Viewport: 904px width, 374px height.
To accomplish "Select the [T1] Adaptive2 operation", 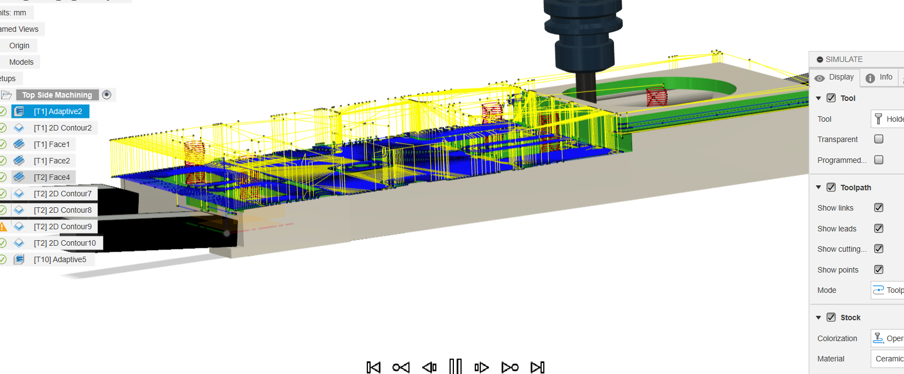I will pyautogui.click(x=58, y=111).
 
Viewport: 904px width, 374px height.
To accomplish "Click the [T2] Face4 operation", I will pyautogui.click(x=52, y=177).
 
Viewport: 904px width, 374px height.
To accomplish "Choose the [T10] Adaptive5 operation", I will pyautogui.click(x=60, y=259).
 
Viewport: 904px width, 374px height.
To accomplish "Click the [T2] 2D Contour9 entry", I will pyautogui.click(x=62, y=226).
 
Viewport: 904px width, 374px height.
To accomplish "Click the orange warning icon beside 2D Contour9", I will pyautogui.click(x=3, y=226).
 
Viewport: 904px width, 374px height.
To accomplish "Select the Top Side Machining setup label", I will pyautogui.click(x=57, y=95).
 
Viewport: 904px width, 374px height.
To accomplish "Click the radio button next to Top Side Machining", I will pyautogui.click(x=107, y=95).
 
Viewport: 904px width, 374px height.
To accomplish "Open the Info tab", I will pyautogui.click(x=880, y=77).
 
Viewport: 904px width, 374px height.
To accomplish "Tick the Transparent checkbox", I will pyautogui.click(x=879, y=139).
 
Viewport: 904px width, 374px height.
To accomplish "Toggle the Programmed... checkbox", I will pyautogui.click(x=879, y=160).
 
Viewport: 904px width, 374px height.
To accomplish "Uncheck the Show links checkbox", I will pyautogui.click(x=879, y=208).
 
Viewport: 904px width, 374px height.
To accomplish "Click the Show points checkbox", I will pyautogui.click(x=879, y=269).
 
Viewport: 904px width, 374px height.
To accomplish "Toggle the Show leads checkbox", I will pyautogui.click(x=879, y=228).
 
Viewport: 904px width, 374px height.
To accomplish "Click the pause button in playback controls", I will pyautogui.click(x=456, y=367).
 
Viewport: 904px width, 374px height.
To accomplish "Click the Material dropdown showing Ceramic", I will pyautogui.click(x=888, y=359).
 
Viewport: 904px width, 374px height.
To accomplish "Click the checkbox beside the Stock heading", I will pyautogui.click(x=831, y=317).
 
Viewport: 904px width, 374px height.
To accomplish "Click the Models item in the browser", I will pyautogui.click(x=21, y=62).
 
